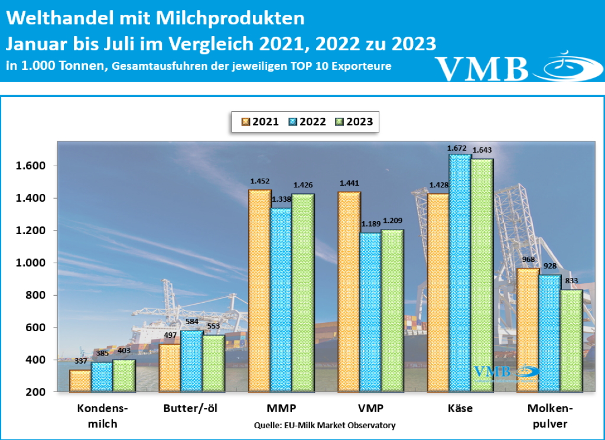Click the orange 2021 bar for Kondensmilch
80,381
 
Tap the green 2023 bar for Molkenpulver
572,341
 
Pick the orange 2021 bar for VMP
349,292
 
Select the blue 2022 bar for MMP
281,300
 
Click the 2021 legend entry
260,122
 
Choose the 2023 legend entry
354,122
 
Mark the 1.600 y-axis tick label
30,166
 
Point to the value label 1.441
349,183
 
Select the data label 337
81,361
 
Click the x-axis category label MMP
281,409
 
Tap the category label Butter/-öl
192,409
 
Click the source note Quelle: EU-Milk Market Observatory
324,425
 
